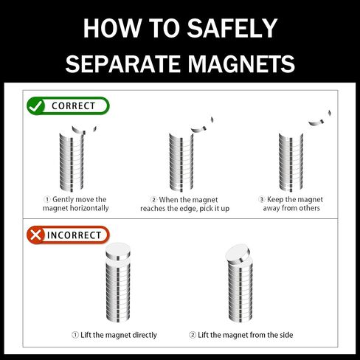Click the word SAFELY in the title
coord(232,28)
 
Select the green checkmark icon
coord(35,106)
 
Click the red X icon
coord(35,235)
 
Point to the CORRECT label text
coord(73,106)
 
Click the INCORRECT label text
coord(74,235)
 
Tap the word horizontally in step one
coord(89,208)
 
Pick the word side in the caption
coord(285,335)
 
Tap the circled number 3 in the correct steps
coord(262,199)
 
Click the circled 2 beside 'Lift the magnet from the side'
coord(193,335)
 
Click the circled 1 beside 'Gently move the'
coord(47,199)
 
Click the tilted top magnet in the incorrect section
coord(238,254)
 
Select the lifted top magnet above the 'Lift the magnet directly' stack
coord(118,252)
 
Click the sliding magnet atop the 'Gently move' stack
coord(84,129)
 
